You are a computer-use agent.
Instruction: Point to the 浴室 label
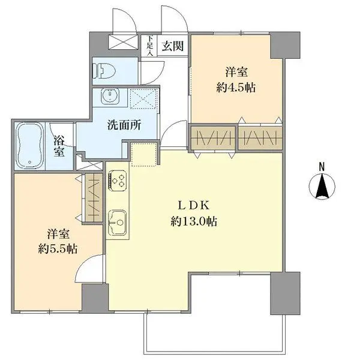click(59, 145)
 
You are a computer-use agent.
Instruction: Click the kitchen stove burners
click(117, 180)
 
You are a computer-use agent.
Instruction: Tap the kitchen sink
click(117, 221)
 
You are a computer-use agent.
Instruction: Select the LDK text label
click(194, 204)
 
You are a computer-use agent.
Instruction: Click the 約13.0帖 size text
click(194, 221)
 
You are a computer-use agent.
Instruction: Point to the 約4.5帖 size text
click(236, 88)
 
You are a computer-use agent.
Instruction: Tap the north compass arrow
click(322, 187)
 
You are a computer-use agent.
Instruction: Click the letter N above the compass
click(322, 167)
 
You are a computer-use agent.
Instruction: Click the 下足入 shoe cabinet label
click(150, 46)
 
